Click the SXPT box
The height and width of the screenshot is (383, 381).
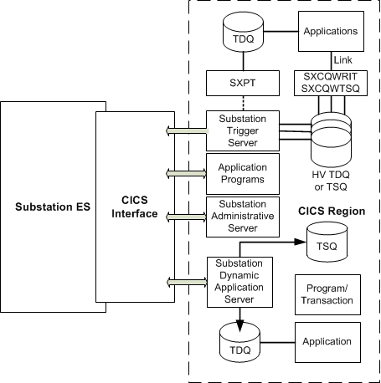coord(243,83)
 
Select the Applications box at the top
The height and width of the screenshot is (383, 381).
coord(331,31)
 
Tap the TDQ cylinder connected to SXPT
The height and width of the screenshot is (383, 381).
coord(243,32)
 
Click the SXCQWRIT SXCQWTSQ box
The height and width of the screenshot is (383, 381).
coord(331,83)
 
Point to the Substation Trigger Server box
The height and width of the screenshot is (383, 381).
coord(243,130)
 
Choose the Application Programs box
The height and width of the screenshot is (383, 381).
coord(243,174)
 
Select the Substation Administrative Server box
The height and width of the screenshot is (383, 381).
coord(243,217)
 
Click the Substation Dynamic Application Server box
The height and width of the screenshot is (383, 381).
coord(239,282)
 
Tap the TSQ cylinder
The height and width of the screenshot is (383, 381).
coord(327,242)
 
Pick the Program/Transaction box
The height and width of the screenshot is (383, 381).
coord(327,294)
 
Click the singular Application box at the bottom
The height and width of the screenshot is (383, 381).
coord(327,342)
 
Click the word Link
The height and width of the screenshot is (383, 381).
coord(342,60)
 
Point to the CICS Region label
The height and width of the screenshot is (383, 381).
coord(332,211)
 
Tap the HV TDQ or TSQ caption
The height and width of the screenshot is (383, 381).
coord(331,181)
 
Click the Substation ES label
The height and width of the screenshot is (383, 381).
coord(53,207)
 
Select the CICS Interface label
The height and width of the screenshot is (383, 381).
coord(135,207)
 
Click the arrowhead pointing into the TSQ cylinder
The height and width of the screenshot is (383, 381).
coord(301,242)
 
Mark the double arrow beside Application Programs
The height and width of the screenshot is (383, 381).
coord(186,174)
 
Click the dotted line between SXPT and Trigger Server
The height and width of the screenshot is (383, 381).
coord(243,104)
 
